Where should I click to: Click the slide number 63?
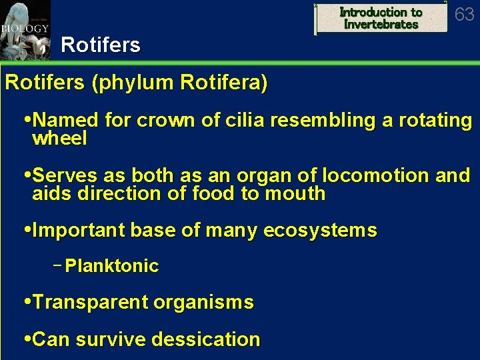(464, 14)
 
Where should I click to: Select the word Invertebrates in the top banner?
(381, 25)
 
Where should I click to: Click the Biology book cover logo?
(25, 30)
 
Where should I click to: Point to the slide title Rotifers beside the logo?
(101, 45)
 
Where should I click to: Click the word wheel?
(59, 139)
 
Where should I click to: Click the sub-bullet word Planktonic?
(112, 266)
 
